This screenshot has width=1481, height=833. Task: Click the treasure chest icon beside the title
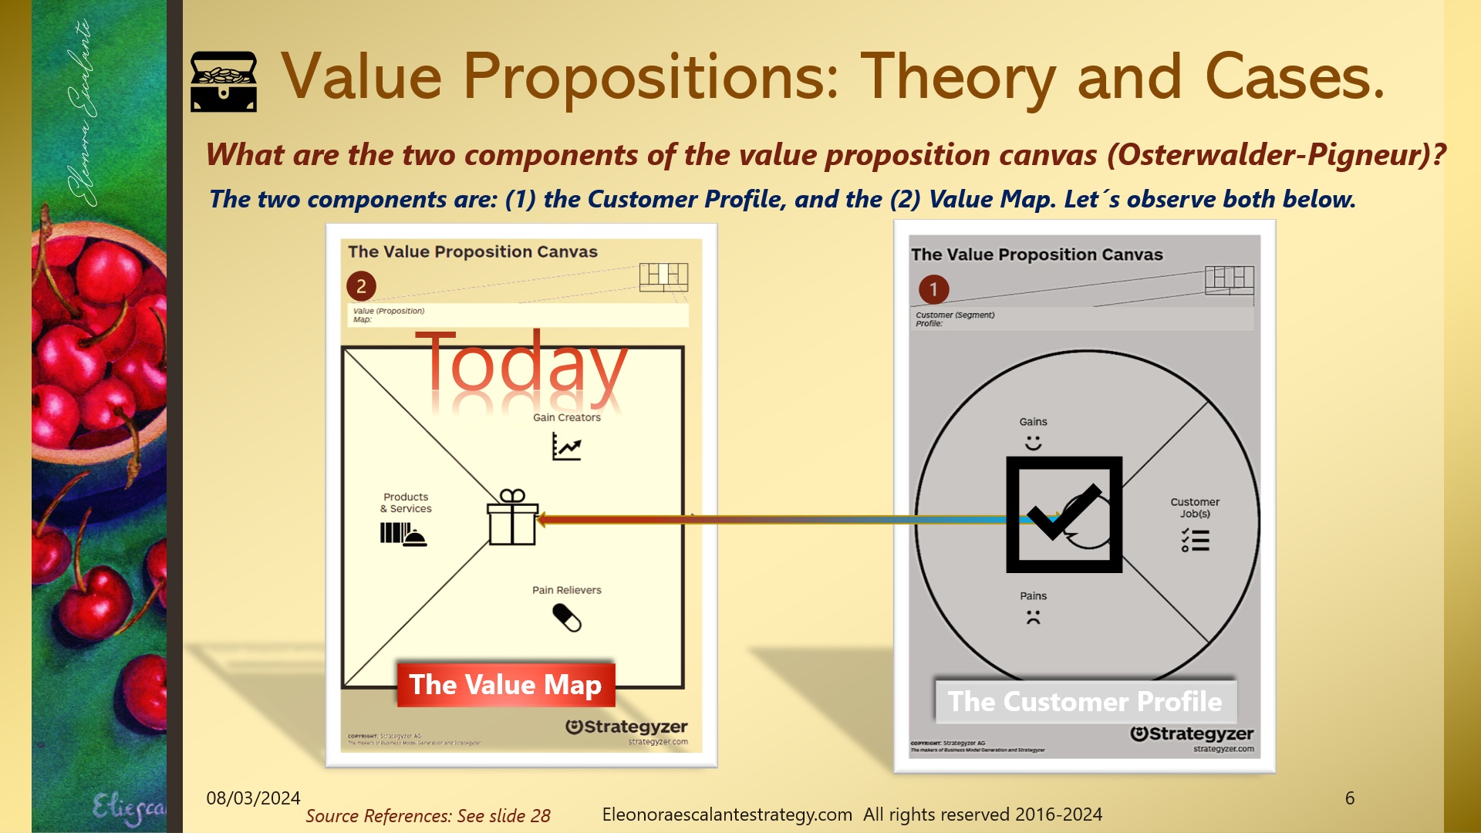[224, 82]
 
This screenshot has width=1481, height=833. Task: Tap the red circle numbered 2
[361, 286]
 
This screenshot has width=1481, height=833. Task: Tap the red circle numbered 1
[933, 289]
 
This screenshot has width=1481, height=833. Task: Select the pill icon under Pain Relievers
[567, 618]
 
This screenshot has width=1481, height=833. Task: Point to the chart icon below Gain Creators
[566, 447]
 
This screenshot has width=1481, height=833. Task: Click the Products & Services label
[406, 503]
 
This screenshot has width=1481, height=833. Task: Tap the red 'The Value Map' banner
[506, 685]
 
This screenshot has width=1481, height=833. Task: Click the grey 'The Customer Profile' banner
[1085, 701]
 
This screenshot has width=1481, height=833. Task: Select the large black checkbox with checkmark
[1064, 514]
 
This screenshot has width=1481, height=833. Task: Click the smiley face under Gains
[1033, 443]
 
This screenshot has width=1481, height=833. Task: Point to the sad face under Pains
[1033, 617]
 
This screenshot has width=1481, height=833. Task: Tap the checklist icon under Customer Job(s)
[1195, 540]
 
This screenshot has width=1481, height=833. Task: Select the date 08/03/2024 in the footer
[253, 798]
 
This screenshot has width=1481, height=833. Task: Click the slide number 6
[1349, 798]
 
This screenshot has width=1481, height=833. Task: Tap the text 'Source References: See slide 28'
[428, 816]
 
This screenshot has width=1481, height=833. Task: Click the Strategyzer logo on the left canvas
[626, 727]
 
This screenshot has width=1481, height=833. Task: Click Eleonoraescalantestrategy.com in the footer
[727, 814]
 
